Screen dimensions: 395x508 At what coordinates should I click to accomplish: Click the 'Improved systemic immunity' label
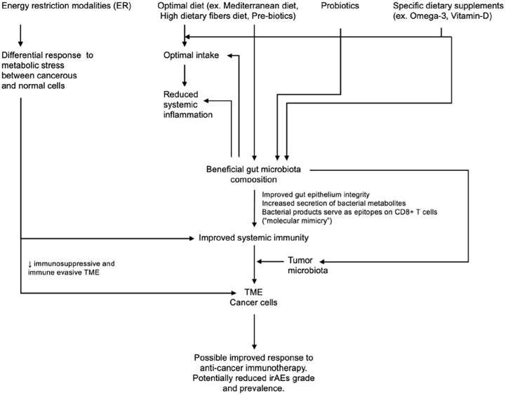coord(254,238)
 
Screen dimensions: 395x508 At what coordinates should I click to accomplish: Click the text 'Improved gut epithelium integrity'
coord(314,193)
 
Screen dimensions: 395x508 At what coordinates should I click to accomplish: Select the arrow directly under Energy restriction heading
coord(21,32)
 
